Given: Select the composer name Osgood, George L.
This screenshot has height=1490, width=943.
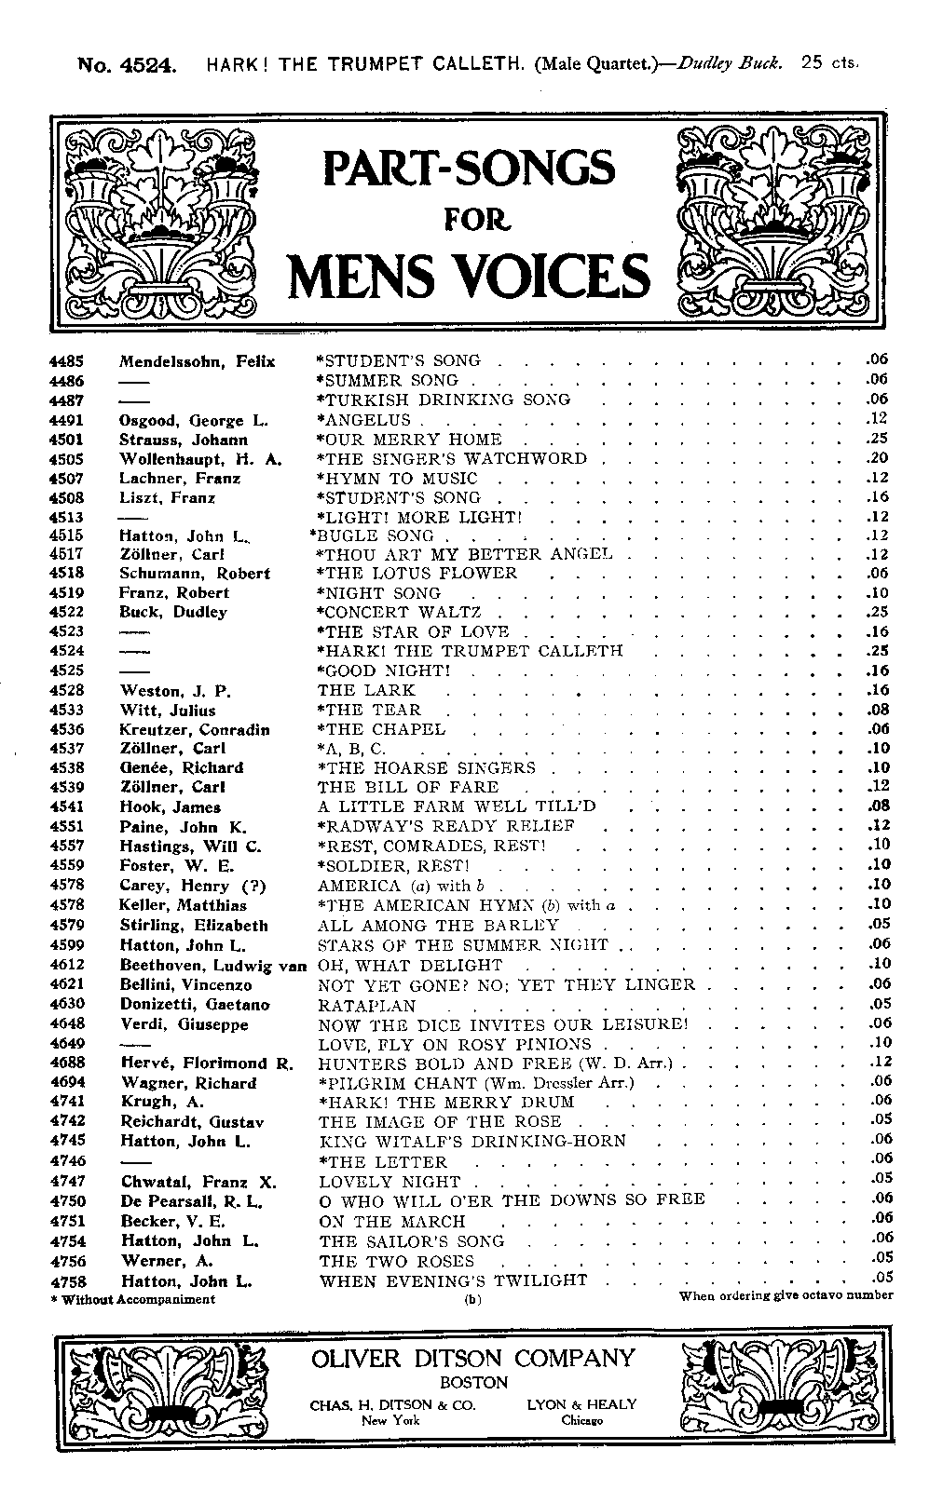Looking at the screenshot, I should [193, 420].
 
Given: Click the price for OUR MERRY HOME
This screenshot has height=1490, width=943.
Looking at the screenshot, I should [877, 440].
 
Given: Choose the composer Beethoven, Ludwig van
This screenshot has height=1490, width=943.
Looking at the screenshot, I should [213, 965].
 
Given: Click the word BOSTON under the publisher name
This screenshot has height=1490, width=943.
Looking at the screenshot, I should [474, 1383].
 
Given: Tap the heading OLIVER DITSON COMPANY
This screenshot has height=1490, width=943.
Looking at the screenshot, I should [473, 1359].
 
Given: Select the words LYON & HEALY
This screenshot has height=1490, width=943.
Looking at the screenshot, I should [581, 1404].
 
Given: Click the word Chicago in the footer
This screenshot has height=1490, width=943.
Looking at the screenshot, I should [582, 1421].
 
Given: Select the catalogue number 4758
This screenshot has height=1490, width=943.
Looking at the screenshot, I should [67, 1280].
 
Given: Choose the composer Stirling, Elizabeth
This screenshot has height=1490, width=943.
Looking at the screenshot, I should [194, 926].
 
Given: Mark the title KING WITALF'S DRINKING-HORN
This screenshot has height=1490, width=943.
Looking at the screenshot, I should [472, 1142].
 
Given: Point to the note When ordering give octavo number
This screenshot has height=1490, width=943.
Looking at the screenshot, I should [786, 1295].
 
